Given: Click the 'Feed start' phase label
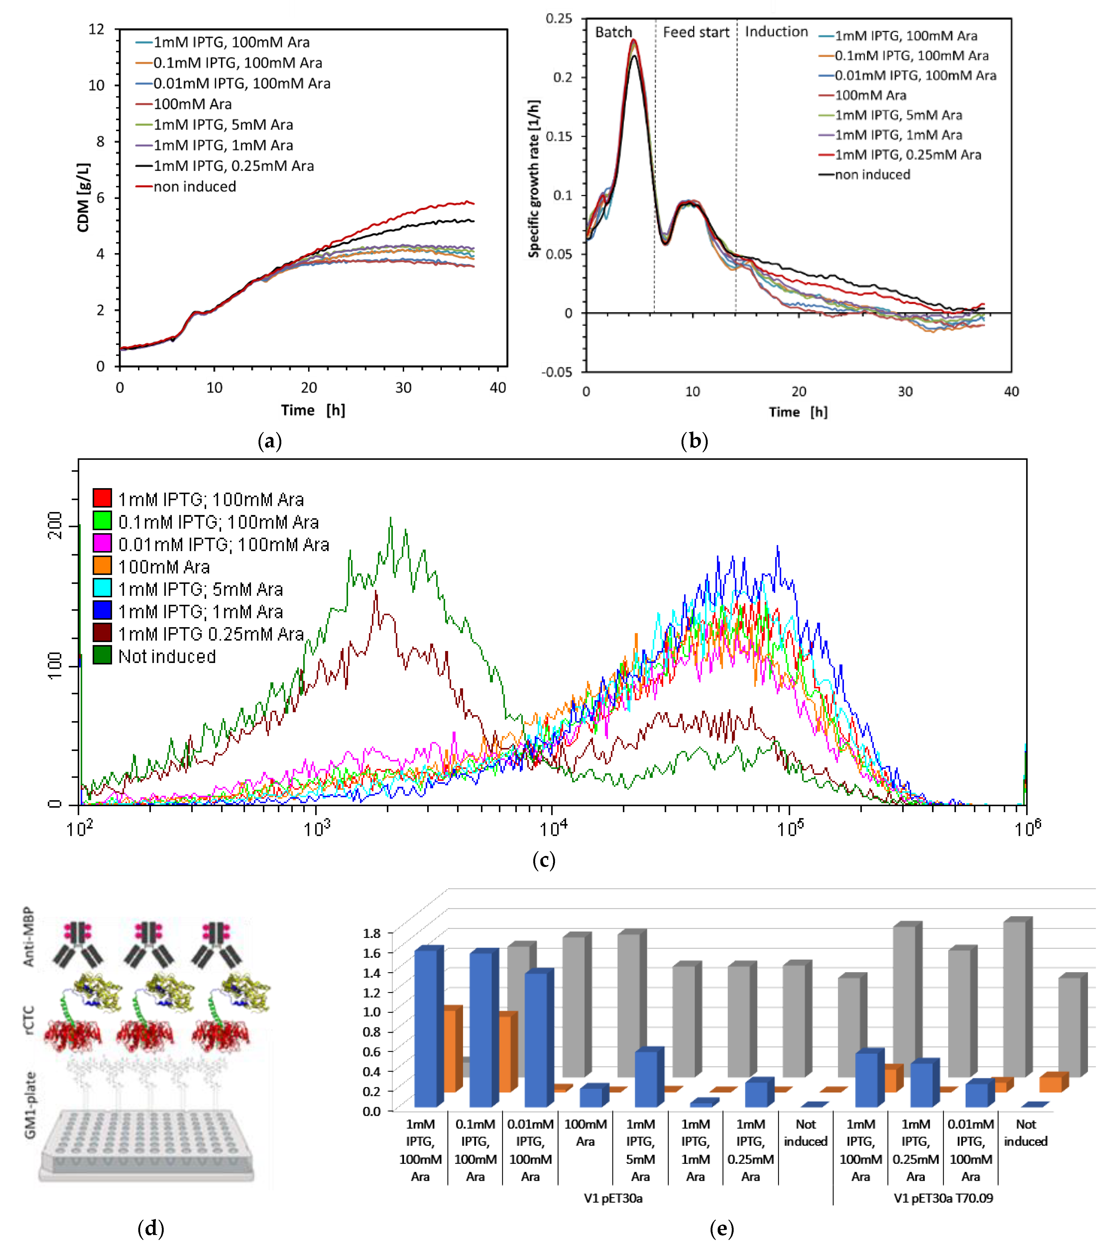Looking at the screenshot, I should tap(696, 32).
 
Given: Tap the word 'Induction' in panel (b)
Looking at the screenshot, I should tap(776, 32).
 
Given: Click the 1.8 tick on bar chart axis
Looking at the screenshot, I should tap(371, 933).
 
